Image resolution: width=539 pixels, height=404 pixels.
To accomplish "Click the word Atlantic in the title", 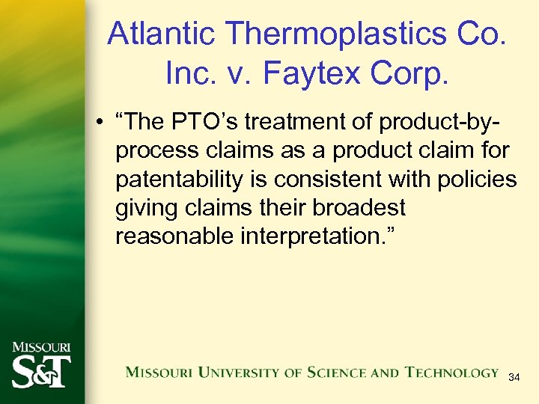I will click(x=160, y=34).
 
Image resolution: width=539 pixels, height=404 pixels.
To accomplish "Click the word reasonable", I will click(x=174, y=236).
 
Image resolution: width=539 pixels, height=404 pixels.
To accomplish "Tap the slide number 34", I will click(x=514, y=378).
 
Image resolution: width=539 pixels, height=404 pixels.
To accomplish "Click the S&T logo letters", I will click(x=41, y=370).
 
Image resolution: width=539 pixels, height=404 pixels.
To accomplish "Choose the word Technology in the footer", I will click(x=451, y=372).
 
